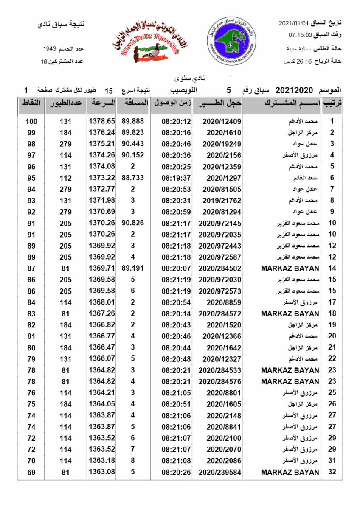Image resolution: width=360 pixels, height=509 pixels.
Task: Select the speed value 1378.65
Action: [102, 121]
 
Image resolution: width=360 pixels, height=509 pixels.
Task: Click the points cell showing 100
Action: [31, 121]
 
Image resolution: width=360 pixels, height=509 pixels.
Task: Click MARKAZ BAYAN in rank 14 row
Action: [290, 268]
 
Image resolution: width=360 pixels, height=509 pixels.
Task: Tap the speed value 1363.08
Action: [102, 472]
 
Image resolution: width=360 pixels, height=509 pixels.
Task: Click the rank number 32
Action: [332, 472]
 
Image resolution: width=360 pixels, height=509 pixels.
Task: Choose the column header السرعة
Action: [102, 103]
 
